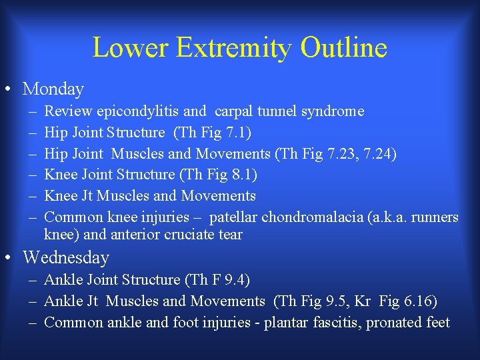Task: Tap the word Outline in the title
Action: click(344, 48)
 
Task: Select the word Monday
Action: click(53, 89)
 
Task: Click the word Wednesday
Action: click(66, 257)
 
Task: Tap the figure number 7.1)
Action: click(238, 133)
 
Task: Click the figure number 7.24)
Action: click(379, 154)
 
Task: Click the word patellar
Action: click(233, 217)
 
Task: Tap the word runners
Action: click(436, 217)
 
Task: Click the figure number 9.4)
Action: click(237, 280)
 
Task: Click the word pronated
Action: click(395, 323)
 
